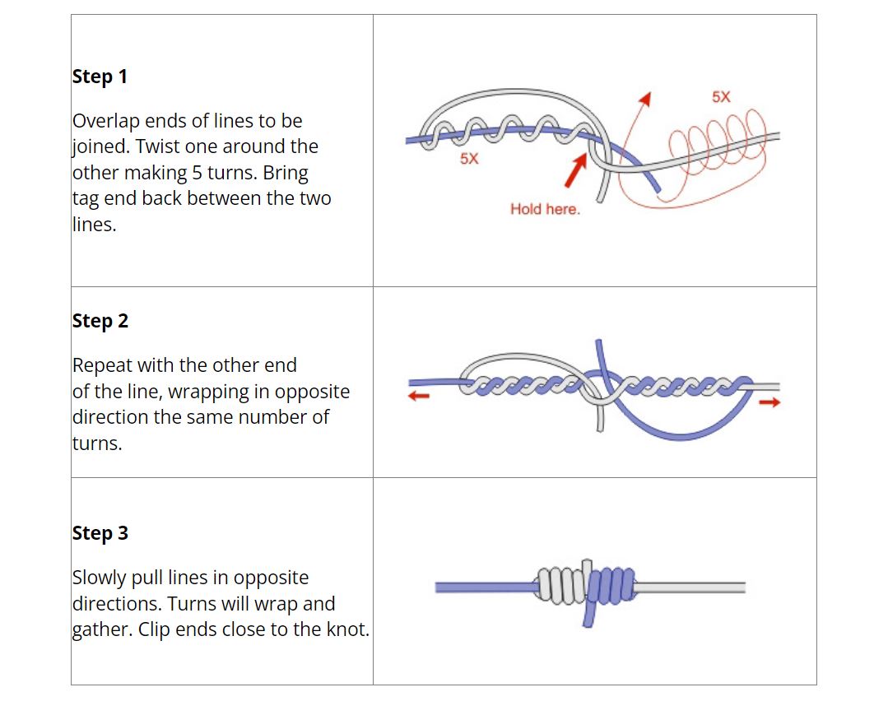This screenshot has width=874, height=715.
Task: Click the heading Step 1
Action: click(x=100, y=77)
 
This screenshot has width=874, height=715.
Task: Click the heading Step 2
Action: click(x=100, y=321)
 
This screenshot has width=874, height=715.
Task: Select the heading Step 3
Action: click(x=100, y=533)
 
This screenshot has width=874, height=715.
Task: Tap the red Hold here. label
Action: click(x=545, y=209)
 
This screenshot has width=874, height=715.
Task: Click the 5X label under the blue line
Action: click(x=469, y=159)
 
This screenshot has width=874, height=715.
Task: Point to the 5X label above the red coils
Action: click(x=721, y=97)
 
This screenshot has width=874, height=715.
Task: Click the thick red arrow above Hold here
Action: click(x=576, y=169)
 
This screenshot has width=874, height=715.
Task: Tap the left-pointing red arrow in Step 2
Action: click(x=419, y=396)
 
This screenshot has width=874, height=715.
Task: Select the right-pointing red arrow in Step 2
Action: click(x=769, y=402)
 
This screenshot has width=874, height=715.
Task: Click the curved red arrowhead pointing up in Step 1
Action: click(x=644, y=100)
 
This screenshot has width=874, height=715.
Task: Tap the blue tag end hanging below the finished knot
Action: click(x=588, y=615)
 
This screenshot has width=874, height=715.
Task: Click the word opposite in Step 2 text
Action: click(x=312, y=392)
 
